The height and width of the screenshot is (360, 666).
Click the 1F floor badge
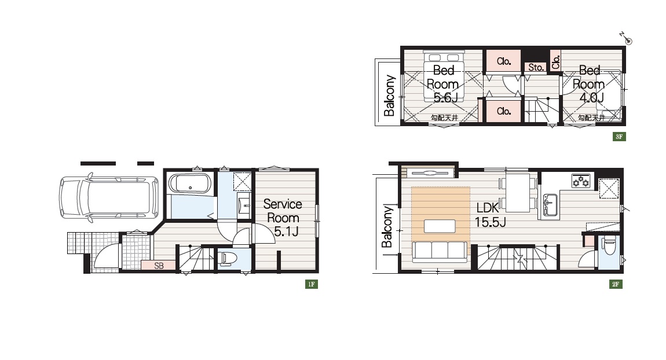[x=312, y=284]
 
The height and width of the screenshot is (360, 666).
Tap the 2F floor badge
[x=616, y=284]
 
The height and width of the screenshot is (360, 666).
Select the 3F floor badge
[x=619, y=136]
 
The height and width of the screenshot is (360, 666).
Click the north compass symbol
[x=626, y=38]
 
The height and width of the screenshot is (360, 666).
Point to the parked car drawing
[x=109, y=198]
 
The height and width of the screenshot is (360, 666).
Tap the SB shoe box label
[x=159, y=266]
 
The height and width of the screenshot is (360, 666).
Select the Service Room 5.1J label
[x=283, y=218]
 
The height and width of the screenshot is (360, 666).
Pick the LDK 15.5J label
[x=490, y=215]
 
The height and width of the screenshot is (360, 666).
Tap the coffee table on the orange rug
[x=440, y=226]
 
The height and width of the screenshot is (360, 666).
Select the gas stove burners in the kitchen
[x=581, y=181]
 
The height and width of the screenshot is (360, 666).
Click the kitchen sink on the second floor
[x=549, y=205]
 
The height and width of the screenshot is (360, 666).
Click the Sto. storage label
[x=536, y=67]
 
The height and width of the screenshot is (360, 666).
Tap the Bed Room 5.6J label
[x=443, y=84]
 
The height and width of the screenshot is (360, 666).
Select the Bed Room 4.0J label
[x=589, y=84]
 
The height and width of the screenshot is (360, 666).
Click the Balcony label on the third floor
[x=389, y=95]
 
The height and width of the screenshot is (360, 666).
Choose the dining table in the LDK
[x=517, y=193]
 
